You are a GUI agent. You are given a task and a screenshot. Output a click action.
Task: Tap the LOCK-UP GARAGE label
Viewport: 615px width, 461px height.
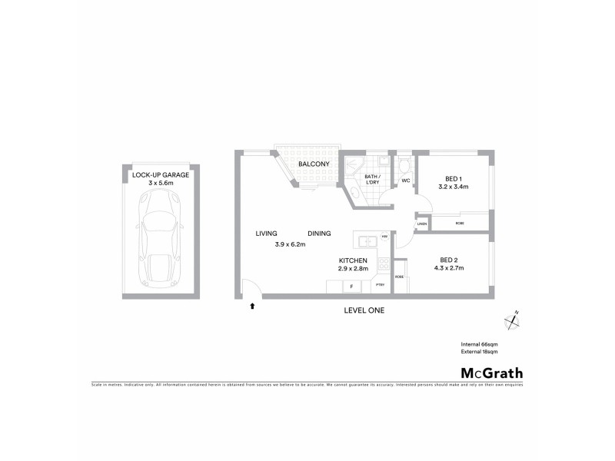click(x=160, y=175)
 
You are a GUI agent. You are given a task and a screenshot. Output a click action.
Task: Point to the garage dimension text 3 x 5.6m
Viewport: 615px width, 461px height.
click(x=160, y=184)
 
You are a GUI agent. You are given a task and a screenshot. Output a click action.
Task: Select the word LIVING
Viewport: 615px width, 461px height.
click(x=267, y=234)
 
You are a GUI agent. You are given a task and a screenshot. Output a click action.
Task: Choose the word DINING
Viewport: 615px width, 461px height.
click(x=319, y=234)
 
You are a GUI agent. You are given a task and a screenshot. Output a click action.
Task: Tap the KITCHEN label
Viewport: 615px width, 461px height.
click(x=353, y=260)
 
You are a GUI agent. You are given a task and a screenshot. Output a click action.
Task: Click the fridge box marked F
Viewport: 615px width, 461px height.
click(x=351, y=287)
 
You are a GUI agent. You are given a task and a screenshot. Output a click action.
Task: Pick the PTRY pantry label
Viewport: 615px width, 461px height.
click(x=380, y=287)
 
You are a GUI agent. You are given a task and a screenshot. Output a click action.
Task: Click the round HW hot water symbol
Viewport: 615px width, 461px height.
click(x=384, y=237)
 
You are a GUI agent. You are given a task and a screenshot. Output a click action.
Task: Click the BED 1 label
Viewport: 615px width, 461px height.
click(x=453, y=177)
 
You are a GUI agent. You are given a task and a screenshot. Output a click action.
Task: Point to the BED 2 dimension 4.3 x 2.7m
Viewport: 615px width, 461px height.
click(x=451, y=268)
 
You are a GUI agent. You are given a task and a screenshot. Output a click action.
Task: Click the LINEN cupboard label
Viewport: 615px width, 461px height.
click(x=422, y=224)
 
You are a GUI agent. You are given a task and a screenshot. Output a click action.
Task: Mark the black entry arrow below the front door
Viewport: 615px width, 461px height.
click(x=252, y=307)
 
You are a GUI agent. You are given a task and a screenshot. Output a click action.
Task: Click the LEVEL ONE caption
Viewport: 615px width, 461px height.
click(x=364, y=310)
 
